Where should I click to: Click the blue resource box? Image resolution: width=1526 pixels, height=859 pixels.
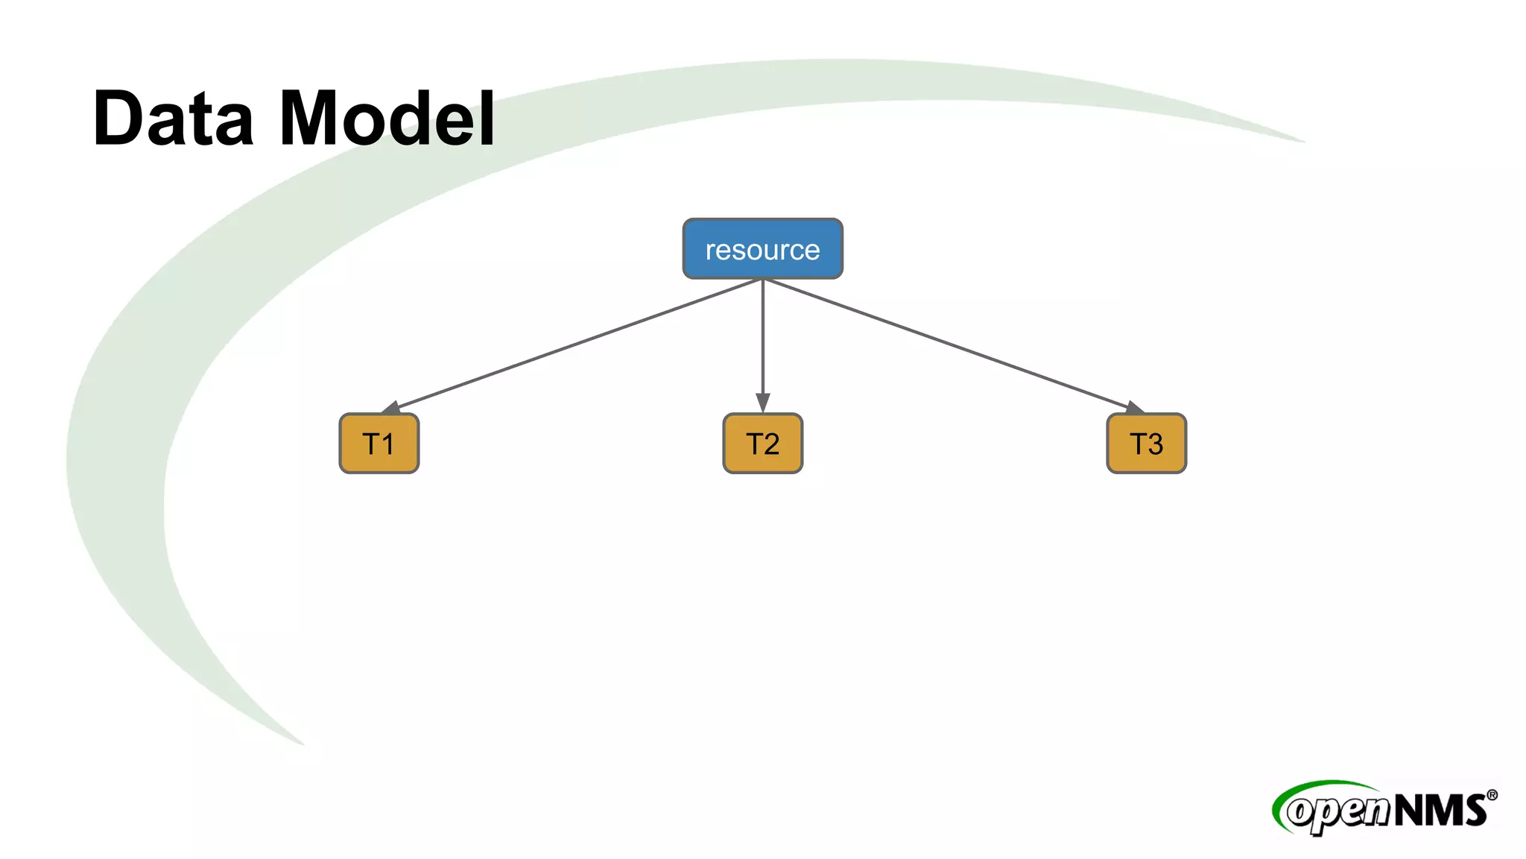[762, 249]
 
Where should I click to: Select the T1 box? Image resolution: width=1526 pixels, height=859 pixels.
[379, 444]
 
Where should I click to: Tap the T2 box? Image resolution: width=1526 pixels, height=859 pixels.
[762, 444]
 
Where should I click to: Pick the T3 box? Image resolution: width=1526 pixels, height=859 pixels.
[1146, 444]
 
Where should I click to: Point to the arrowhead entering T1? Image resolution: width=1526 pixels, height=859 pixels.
[390, 407]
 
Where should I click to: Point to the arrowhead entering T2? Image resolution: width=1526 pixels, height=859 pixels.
[762, 403]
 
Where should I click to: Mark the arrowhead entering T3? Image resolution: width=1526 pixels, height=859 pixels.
[1134, 407]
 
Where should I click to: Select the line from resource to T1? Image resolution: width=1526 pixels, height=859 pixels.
[574, 344]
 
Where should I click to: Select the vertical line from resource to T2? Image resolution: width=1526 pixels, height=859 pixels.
[762, 336]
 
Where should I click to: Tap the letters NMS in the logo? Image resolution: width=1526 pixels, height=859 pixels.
[1440, 810]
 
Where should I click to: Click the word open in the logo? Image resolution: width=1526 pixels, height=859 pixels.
[1337, 812]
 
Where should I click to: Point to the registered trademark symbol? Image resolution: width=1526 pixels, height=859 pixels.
[1491, 795]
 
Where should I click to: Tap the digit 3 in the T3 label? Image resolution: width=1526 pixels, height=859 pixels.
[1155, 444]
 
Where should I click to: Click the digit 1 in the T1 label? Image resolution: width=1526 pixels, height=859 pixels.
[388, 444]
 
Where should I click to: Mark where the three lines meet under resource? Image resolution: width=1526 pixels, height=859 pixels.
[762, 280]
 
